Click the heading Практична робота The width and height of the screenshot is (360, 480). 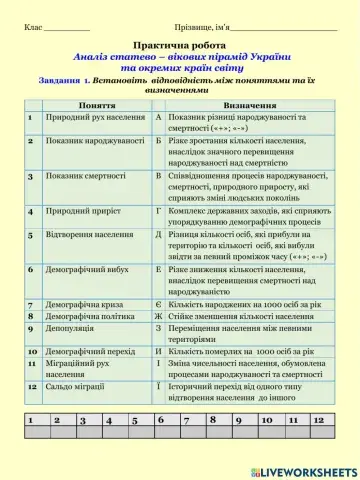(179, 45)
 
